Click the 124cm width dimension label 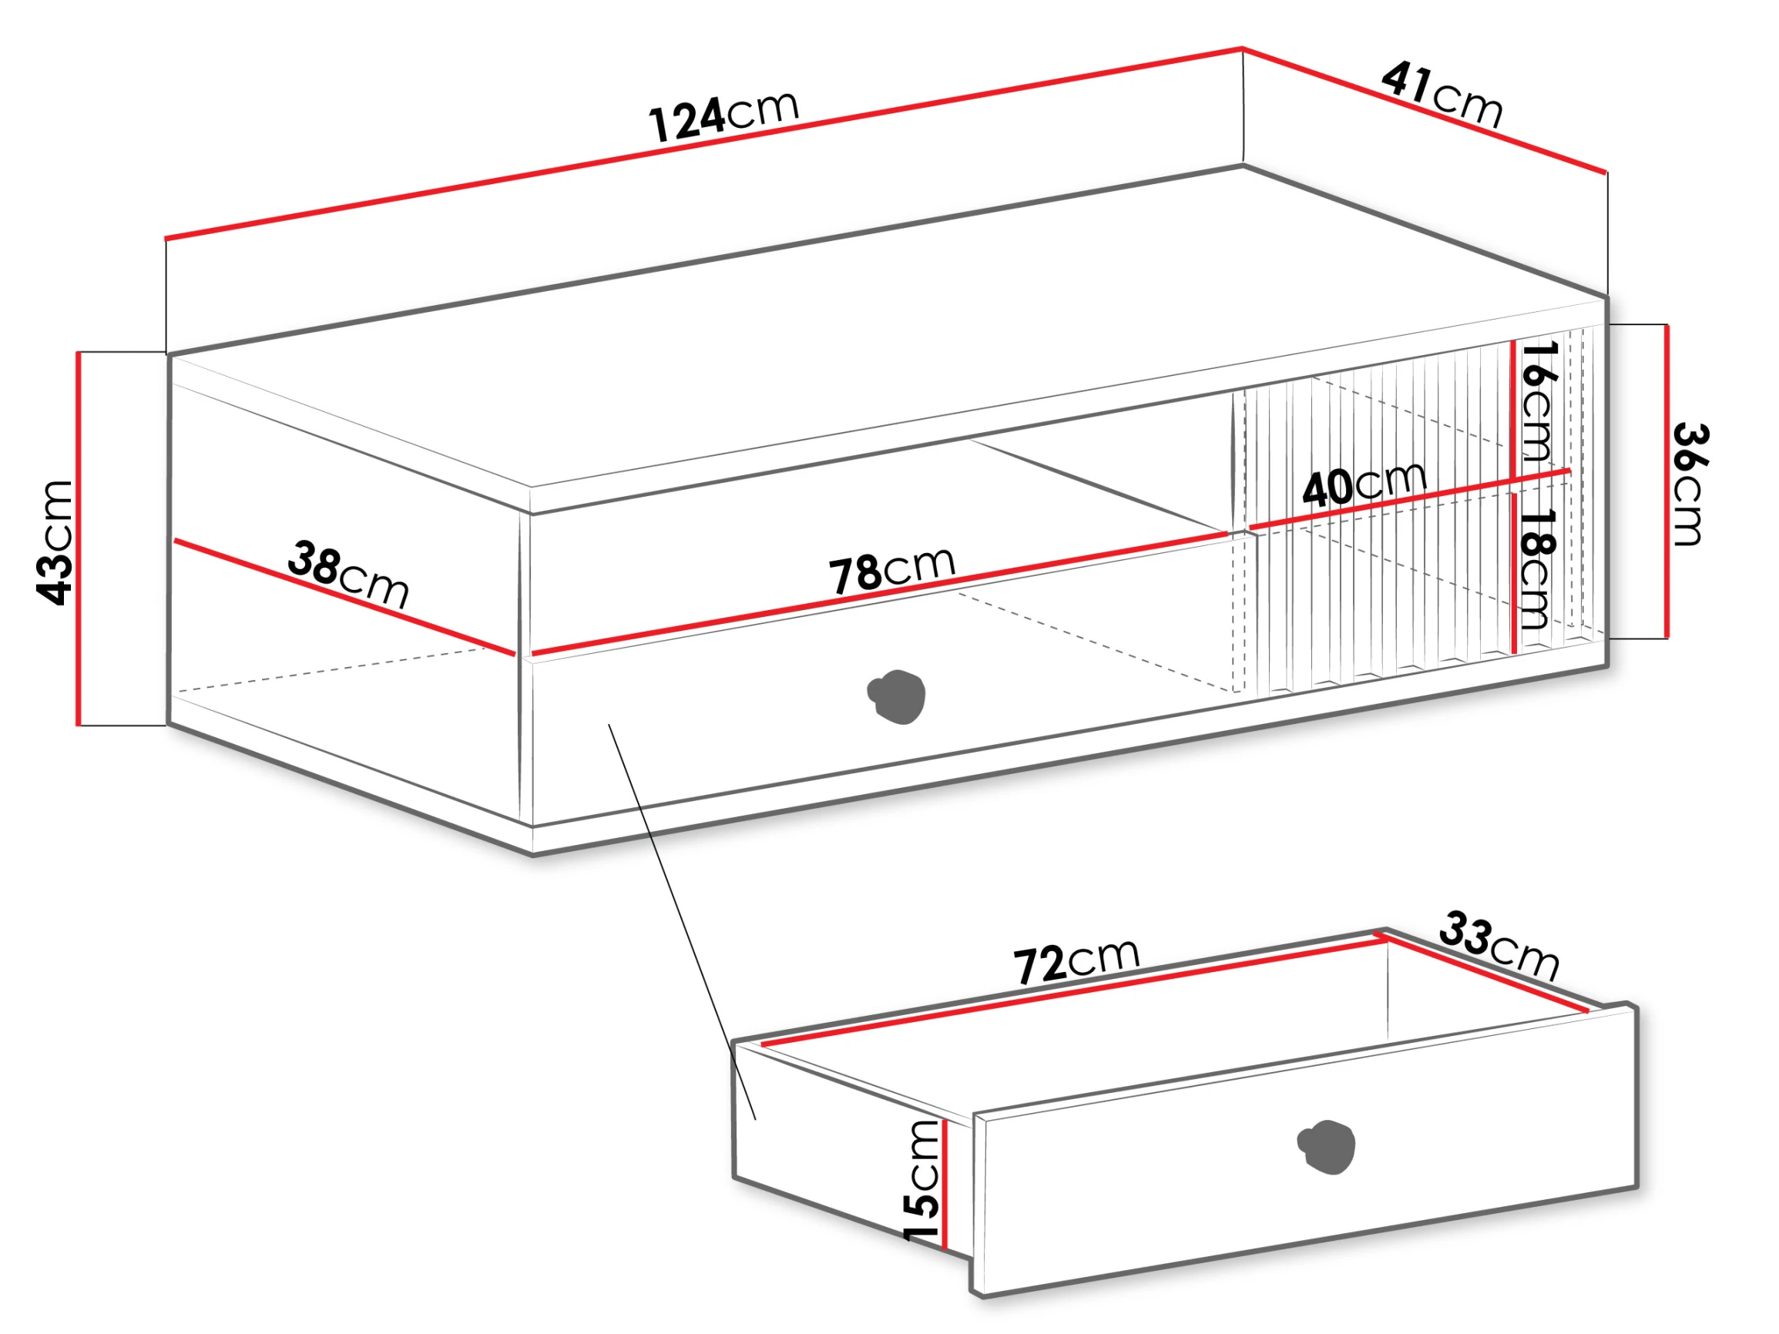coord(723,116)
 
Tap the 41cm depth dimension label coord(1442,95)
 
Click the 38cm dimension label coord(348,573)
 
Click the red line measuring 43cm coord(79,538)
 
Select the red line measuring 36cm coord(1667,481)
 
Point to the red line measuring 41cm coord(1425,110)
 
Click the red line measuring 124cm coord(703,143)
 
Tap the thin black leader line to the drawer coord(682,921)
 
